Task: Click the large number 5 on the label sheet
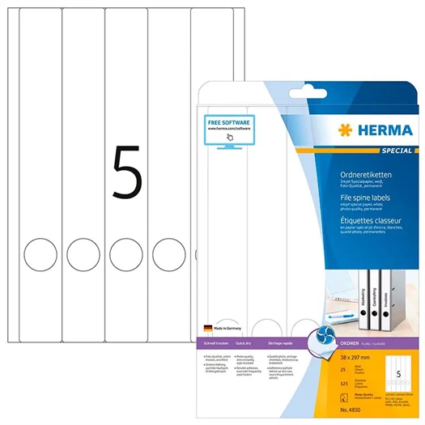tap(127, 172)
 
